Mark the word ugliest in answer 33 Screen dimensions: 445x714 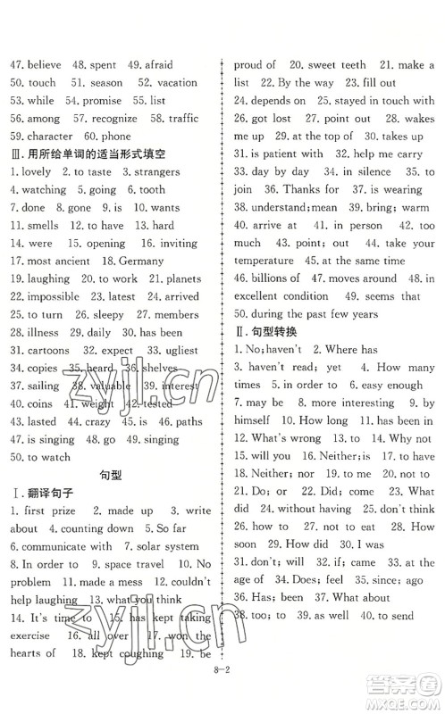pos(185,350)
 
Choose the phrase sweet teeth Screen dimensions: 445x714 pos(336,64)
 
